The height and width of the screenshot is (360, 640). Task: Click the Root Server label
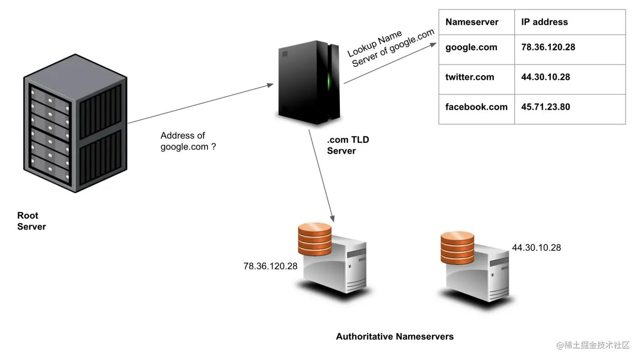tap(32, 221)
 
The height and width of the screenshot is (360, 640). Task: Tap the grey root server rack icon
tap(75, 123)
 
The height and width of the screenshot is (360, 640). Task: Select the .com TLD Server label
tap(348, 145)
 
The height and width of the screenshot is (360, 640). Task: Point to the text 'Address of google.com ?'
tap(188, 141)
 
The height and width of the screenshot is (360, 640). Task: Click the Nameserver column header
tap(472, 22)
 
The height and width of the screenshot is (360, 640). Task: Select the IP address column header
tap(544, 22)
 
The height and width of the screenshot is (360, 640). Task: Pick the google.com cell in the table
tap(471, 47)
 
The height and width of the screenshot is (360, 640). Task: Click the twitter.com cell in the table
tap(469, 77)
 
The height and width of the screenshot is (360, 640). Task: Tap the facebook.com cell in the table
tap(476, 107)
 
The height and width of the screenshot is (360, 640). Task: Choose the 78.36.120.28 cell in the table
tap(548, 47)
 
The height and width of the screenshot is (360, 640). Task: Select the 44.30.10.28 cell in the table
tap(545, 77)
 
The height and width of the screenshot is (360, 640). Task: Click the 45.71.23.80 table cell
tap(545, 107)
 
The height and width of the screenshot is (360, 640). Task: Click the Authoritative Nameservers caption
tap(395, 337)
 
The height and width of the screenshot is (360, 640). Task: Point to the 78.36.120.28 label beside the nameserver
tap(271, 266)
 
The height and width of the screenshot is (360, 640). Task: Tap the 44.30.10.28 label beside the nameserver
tap(536, 248)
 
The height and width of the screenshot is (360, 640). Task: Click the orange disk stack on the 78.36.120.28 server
tap(314, 239)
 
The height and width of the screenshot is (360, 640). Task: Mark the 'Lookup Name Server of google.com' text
tap(391, 48)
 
